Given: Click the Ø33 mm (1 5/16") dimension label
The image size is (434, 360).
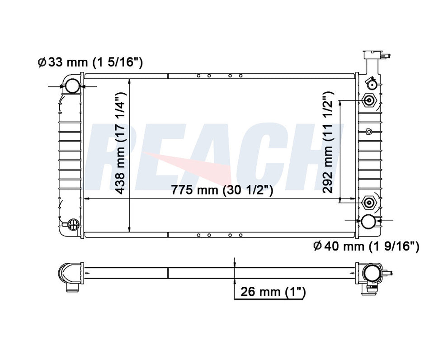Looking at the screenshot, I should pos(90,62).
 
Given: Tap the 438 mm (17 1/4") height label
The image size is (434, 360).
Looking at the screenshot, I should pos(121,143).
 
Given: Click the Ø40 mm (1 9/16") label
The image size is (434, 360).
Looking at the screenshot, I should pos(366,246).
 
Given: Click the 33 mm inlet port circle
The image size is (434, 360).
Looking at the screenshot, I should pos(71,85).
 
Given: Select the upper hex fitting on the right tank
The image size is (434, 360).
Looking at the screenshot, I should pos(369,100).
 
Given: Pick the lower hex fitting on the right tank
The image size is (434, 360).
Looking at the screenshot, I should pos(369,202).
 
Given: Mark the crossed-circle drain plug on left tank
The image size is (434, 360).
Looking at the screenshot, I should pos(72,223).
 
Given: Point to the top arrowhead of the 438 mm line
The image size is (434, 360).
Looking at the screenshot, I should pos(130,82).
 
